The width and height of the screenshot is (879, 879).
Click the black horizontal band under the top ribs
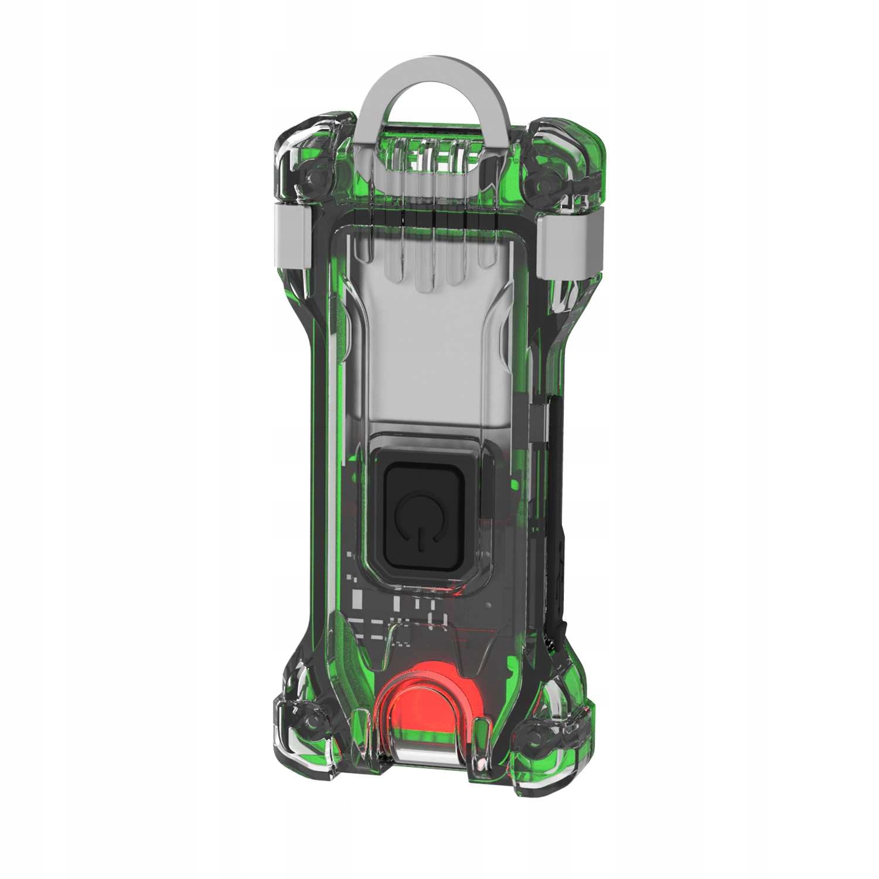431,219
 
